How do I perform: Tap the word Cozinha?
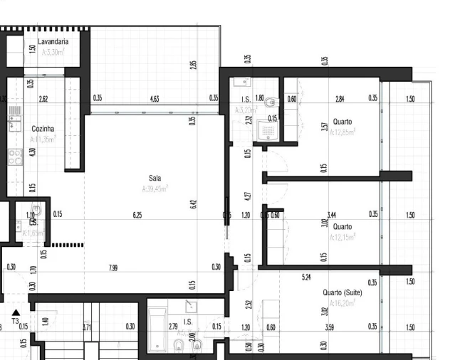[x=43, y=129]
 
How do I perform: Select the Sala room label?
[x=155, y=178]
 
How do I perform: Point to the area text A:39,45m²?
[x=155, y=189]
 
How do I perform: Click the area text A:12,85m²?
[x=343, y=132]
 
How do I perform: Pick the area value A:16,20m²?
[x=343, y=302]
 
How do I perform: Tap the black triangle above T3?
[x=16, y=312]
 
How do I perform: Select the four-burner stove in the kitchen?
[x=14, y=157]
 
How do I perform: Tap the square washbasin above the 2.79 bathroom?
[x=191, y=307]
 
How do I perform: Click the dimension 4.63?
[x=155, y=99]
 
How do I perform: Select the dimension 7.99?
[x=113, y=268]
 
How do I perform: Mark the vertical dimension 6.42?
[x=193, y=205]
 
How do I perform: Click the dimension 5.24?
[x=307, y=277]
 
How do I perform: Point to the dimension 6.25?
[x=137, y=215]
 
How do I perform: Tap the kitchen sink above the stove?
[x=14, y=116]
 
